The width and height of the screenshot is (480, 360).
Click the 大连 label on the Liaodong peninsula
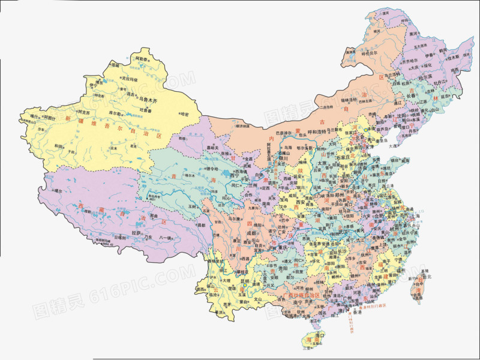pos(392,145)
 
